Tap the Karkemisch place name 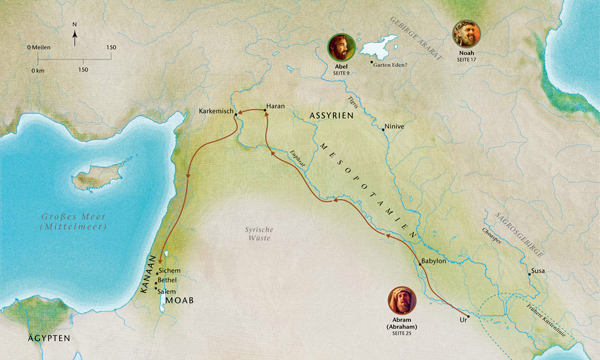216,110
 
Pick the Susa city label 537,271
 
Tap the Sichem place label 170,270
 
